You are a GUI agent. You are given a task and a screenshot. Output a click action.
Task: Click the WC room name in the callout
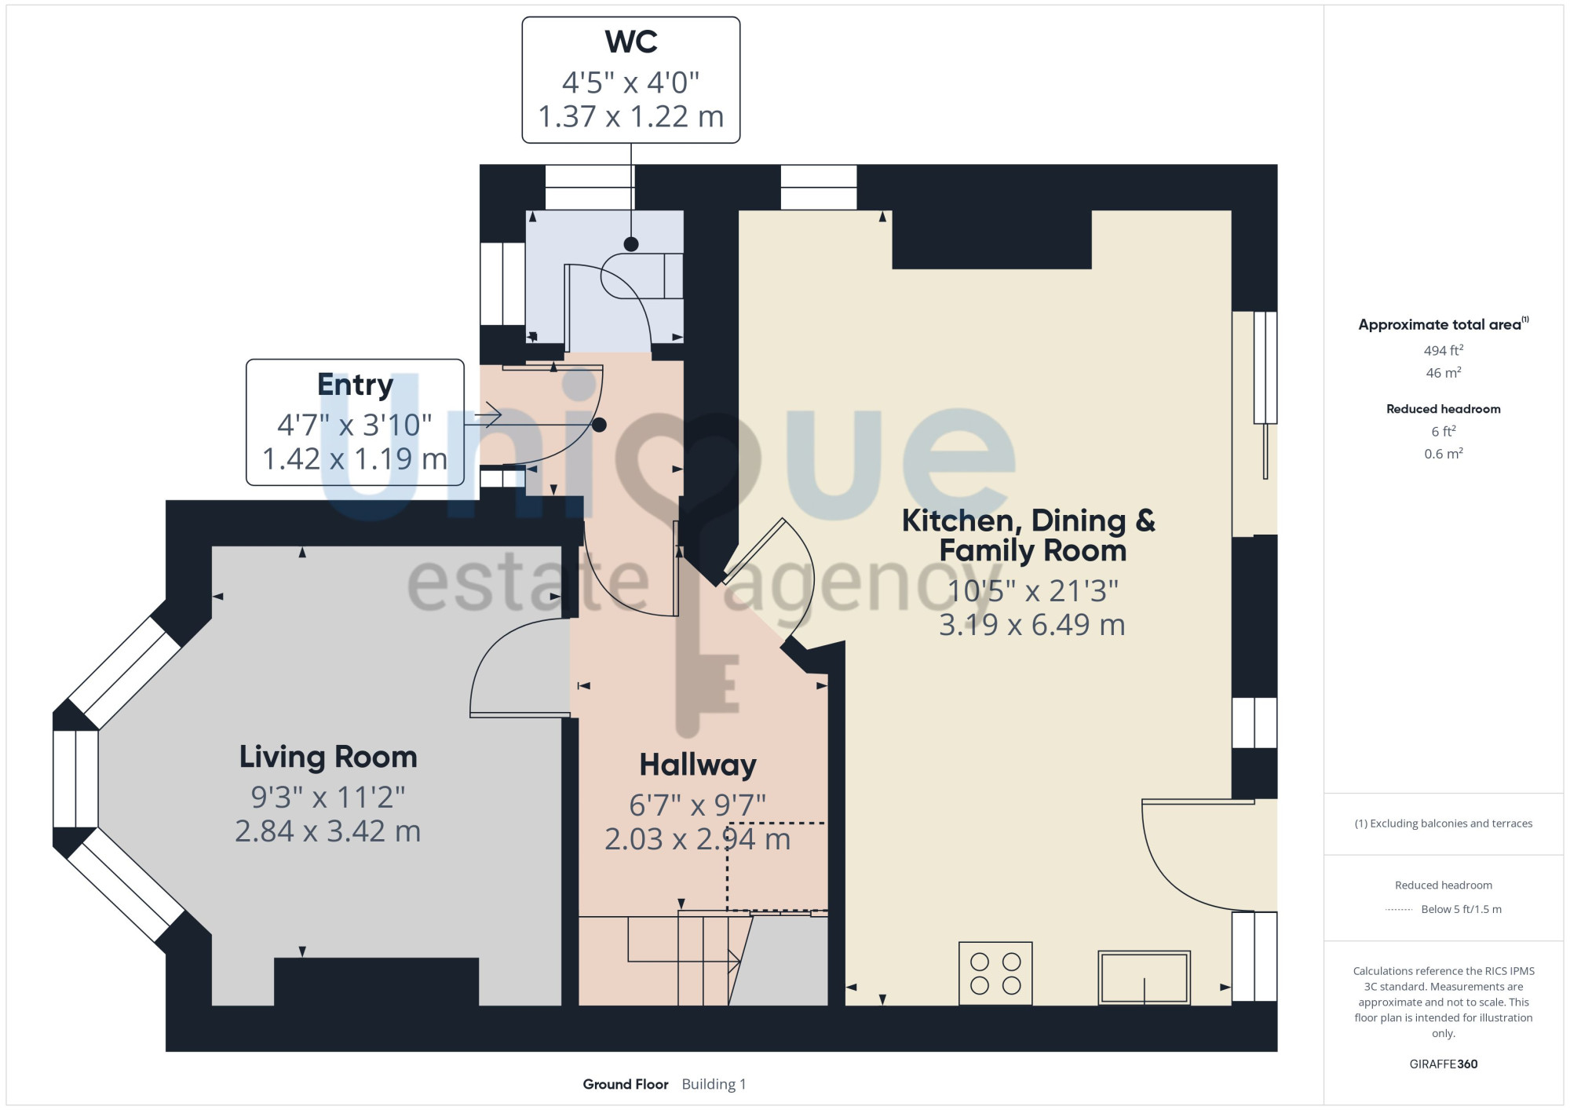tap(631, 42)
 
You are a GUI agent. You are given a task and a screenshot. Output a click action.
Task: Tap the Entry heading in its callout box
tap(355, 385)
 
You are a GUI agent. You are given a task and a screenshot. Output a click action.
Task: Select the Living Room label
tap(328, 757)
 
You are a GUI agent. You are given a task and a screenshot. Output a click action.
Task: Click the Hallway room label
tap(698, 765)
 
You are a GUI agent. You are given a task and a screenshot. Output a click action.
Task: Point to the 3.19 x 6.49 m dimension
tap(1032, 625)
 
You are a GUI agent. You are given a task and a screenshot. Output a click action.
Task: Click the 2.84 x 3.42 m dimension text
tap(328, 831)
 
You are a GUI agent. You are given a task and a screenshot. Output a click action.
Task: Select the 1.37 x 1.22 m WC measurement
tap(631, 116)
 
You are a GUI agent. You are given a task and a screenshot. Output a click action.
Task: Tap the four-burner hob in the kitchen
tap(995, 973)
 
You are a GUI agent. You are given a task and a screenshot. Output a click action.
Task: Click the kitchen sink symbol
tap(1145, 977)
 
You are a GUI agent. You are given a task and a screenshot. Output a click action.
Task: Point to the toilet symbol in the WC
tap(642, 276)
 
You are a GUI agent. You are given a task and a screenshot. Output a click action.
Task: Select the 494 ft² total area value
tap(1443, 350)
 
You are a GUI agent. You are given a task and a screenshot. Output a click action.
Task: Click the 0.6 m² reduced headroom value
tap(1443, 454)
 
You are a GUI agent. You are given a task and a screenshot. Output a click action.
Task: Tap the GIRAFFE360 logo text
tap(1443, 1064)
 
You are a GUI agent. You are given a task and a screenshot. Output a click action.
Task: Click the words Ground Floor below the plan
tap(626, 1084)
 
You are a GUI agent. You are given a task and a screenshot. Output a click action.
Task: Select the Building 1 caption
tap(714, 1084)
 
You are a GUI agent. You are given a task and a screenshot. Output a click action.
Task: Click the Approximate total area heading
tap(1443, 324)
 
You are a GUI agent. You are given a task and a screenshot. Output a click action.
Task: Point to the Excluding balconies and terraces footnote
tap(1443, 823)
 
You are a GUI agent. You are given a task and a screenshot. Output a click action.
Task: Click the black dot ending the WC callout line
tap(631, 244)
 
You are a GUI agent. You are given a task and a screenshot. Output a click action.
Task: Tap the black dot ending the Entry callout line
tap(599, 425)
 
